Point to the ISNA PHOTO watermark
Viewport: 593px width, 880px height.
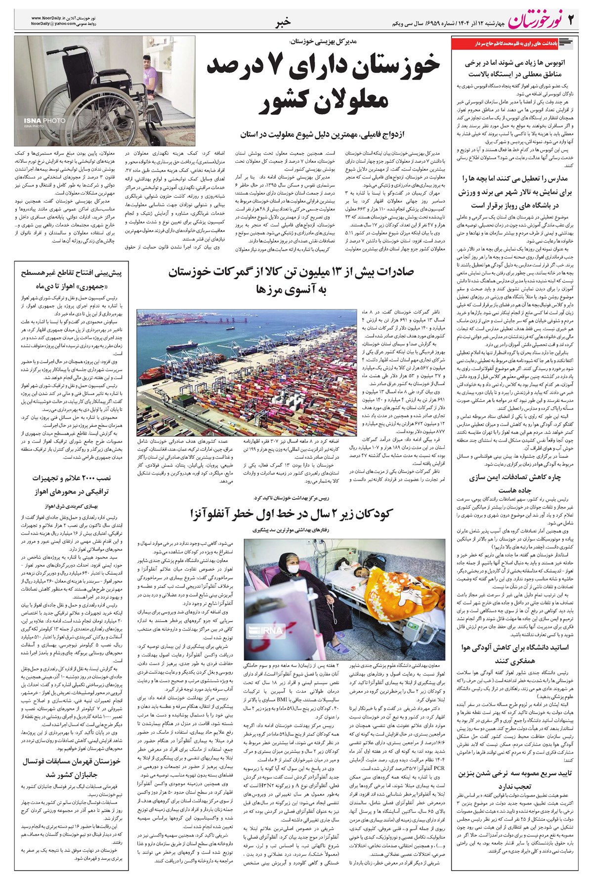tap(38, 120)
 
